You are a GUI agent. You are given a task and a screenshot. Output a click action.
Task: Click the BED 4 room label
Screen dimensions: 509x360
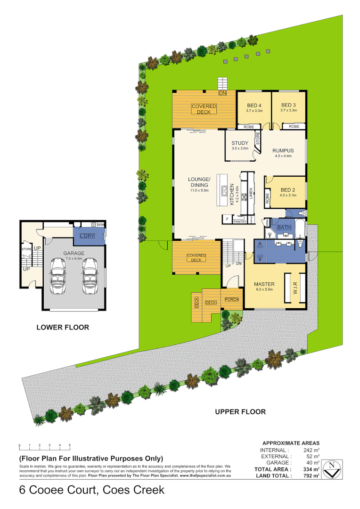(254, 105)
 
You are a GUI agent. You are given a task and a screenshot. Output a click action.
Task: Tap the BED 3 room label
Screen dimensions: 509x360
(288, 105)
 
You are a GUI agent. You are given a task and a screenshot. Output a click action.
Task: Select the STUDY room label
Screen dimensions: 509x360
(239, 143)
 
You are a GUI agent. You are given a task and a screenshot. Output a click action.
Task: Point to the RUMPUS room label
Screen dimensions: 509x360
(283, 151)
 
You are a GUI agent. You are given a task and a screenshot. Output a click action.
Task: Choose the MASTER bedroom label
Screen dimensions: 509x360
(264, 284)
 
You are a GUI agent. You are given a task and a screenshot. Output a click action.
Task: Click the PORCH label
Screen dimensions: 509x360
(231, 300)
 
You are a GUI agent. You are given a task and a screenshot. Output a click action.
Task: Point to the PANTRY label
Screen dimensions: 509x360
(240, 221)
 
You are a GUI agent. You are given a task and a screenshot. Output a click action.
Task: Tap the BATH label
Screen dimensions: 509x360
(284, 228)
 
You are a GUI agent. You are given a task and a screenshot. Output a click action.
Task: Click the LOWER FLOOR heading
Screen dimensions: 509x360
(63, 327)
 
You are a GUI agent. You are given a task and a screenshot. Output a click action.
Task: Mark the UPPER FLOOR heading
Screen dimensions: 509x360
(240, 411)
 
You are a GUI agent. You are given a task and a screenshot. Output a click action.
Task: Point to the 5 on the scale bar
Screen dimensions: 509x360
(70, 445)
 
